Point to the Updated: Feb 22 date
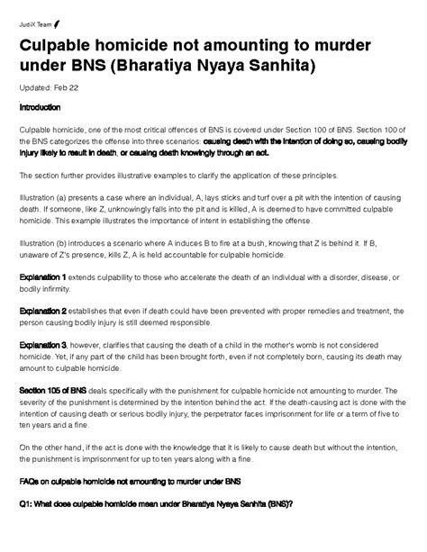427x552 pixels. point(50,88)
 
